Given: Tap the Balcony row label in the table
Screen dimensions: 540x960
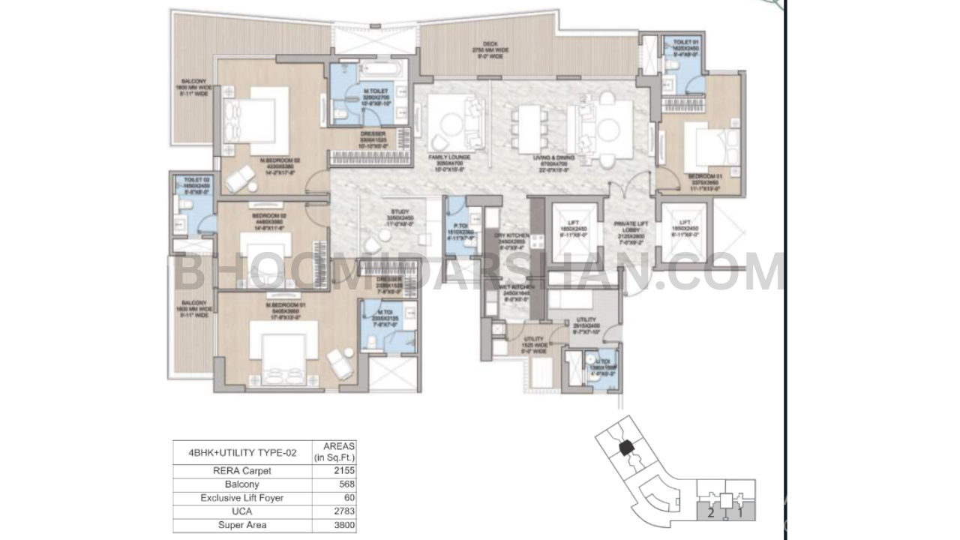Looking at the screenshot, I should pyautogui.click(x=242, y=484).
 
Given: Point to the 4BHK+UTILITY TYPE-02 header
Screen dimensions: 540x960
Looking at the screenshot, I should pyautogui.click(x=242, y=452).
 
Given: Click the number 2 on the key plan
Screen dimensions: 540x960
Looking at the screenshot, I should pyautogui.click(x=709, y=514).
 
